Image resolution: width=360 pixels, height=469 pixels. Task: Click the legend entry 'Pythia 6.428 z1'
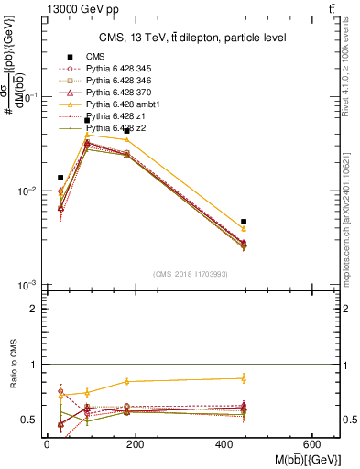pyautogui.click(x=110, y=117)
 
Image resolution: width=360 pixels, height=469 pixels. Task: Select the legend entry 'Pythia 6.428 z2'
pyautogui.click(x=110, y=129)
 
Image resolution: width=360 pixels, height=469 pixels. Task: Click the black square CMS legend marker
pyautogui.click(x=69, y=58)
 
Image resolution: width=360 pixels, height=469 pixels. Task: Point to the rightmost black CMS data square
pyautogui.click(x=244, y=222)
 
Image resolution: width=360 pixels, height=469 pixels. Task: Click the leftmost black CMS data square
pyautogui.click(x=60, y=178)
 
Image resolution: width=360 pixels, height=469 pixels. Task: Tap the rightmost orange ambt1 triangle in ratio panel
pyautogui.click(x=244, y=378)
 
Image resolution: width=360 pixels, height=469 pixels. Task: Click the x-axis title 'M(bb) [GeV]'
pyautogui.click(x=303, y=458)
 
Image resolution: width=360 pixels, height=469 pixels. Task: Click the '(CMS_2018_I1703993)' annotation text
pyautogui.click(x=190, y=274)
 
